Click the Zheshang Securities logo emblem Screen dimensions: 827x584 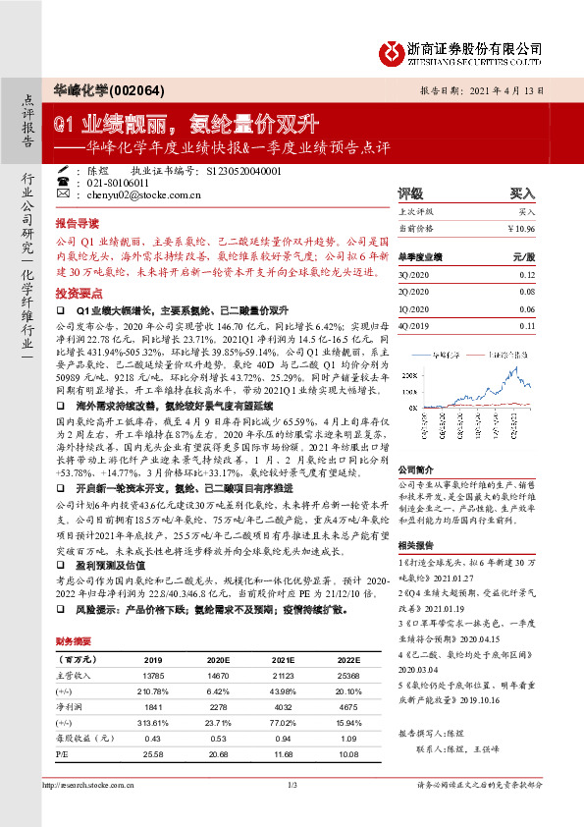pyautogui.click(x=393, y=51)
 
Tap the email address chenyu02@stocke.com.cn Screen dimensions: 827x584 pyautogui.click(x=129, y=195)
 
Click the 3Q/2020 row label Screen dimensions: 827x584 pyautogui.click(x=412, y=277)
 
